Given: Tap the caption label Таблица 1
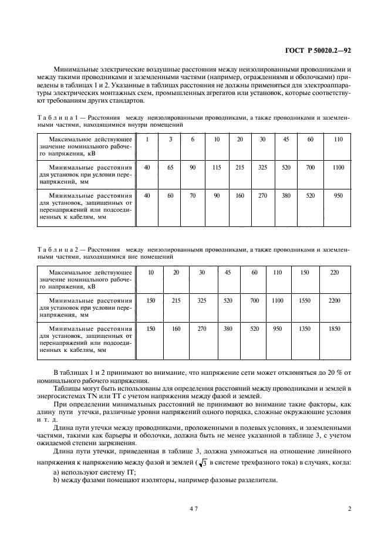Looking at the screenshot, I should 57,117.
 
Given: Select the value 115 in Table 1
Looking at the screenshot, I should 217,168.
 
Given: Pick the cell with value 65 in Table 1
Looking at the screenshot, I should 170,168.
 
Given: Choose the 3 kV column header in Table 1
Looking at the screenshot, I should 170,139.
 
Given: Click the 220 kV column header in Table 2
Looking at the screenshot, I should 334,273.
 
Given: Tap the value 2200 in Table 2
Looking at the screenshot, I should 334,300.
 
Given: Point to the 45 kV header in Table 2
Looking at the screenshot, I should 228,273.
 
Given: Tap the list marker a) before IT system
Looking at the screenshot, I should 56,472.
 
